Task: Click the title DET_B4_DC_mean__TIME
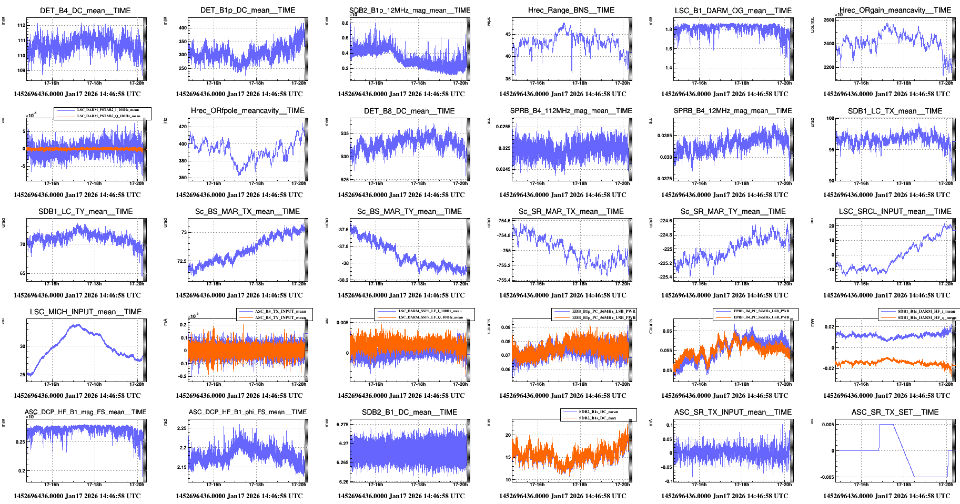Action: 85,11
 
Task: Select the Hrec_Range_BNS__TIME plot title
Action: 571,10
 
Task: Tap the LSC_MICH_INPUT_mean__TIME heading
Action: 86,312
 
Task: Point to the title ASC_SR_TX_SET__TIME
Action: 895,412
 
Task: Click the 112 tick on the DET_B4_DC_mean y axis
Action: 21,25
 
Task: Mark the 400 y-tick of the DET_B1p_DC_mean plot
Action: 183,28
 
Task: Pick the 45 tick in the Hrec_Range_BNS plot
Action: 508,34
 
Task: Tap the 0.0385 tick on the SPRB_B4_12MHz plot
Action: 664,136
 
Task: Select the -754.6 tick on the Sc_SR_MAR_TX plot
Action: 503,221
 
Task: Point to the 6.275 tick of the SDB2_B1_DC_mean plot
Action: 342,425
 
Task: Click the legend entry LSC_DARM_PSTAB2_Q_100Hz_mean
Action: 108,116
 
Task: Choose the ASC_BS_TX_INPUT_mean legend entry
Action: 280,312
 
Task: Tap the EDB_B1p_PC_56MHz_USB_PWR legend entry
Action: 603,317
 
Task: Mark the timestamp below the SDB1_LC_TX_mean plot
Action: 886,195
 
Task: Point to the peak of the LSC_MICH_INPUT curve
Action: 76,325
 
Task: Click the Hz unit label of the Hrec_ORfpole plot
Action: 165,121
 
